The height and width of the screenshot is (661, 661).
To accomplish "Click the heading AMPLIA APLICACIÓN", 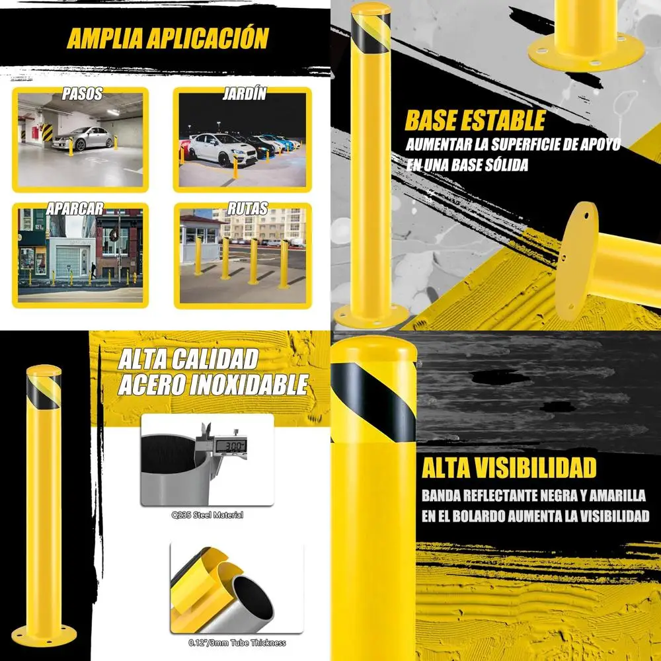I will (167, 38).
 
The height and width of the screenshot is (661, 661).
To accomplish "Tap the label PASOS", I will (82, 94).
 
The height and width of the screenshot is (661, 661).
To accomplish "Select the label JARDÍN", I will (244, 94).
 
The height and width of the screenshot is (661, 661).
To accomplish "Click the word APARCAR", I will (75, 209).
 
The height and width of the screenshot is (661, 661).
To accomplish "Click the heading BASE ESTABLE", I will (475, 121).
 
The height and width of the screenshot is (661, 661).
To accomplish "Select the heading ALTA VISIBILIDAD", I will (509, 468).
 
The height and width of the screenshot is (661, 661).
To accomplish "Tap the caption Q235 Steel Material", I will (206, 514).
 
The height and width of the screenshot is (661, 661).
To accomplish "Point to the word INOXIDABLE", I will (249, 385).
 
